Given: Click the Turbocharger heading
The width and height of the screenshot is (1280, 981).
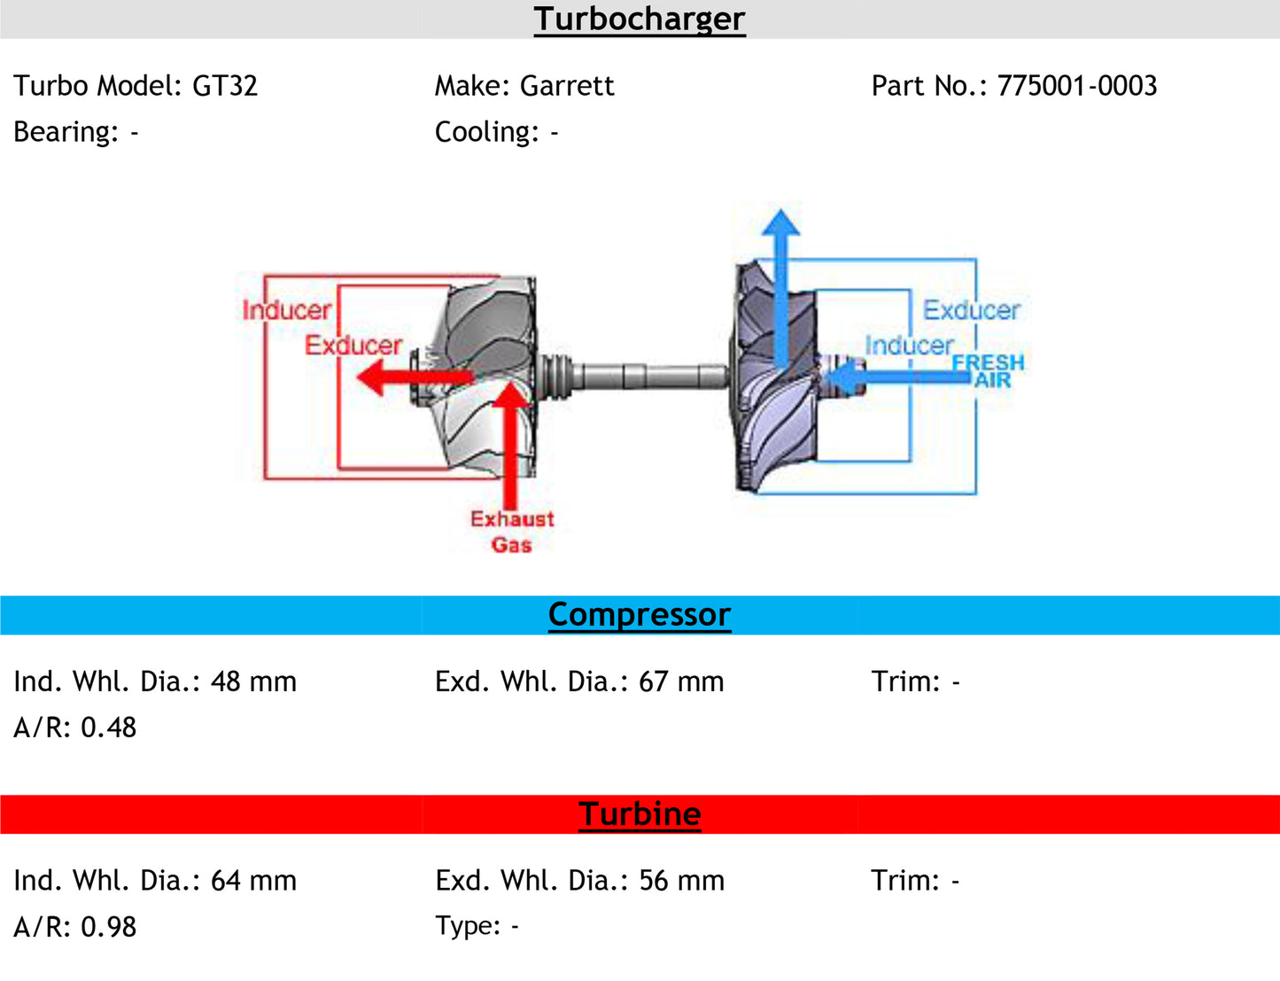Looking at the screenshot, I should (x=640, y=19).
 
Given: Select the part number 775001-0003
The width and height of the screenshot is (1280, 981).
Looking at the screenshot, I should (x=1076, y=86).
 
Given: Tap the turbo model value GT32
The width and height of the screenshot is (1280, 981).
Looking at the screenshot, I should (x=225, y=86).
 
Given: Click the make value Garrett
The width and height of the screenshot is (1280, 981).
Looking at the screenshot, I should (x=567, y=86).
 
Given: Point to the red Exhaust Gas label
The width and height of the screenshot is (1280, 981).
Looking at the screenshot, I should (x=512, y=531).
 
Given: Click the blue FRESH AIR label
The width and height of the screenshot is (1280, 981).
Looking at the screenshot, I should (x=989, y=370).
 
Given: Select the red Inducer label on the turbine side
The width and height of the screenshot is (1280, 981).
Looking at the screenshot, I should (x=286, y=310).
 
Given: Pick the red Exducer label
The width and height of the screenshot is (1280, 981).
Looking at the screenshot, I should (x=353, y=345).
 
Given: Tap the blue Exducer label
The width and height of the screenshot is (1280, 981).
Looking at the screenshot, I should (x=971, y=310).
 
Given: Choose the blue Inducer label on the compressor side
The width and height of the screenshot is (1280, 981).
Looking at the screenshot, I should (x=909, y=345).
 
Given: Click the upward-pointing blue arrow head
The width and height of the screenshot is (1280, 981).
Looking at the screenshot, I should (x=780, y=222).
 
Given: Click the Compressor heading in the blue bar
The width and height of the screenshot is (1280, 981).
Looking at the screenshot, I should (x=640, y=614).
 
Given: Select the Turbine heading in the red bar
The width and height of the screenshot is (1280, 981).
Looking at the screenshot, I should (x=640, y=814).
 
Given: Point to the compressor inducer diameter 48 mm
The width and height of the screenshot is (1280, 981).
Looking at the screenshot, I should (x=253, y=681).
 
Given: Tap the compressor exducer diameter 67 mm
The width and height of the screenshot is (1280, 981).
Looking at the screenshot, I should (x=680, y=681).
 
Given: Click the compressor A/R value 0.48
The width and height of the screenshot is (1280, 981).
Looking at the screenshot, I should (x=108, y=728).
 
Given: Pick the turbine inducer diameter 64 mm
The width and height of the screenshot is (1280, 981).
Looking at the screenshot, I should (x=253, y=881).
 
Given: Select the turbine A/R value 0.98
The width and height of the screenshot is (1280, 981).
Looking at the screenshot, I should (x=108, y=927).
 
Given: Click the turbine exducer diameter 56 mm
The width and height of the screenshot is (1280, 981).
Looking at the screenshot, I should (x=681, y=881).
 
